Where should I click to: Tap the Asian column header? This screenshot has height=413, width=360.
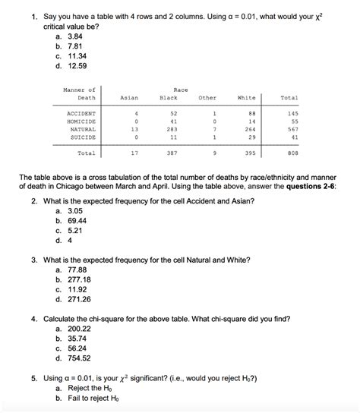pos(129,98)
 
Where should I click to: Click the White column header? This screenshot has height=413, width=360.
pos(247,98)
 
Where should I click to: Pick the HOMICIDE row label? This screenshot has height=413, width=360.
pos(81,121)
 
